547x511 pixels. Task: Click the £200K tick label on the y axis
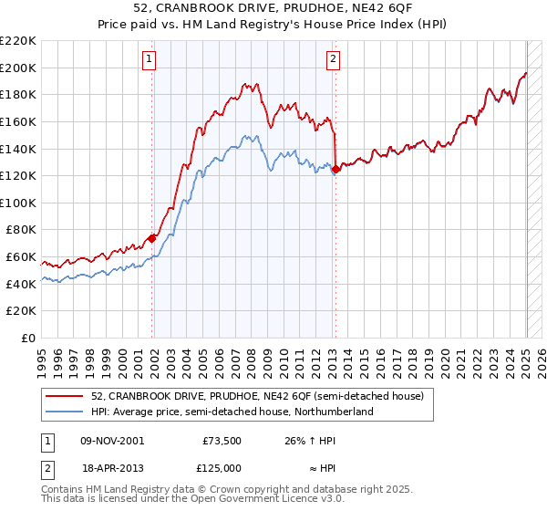18,68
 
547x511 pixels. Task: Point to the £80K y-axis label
21,230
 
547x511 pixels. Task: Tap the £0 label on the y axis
29,339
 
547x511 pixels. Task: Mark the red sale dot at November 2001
152,238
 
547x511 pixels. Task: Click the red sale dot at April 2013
335,169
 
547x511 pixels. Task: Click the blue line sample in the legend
63,412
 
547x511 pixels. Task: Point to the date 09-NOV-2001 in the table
113,441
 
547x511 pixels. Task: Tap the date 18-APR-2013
112,468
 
